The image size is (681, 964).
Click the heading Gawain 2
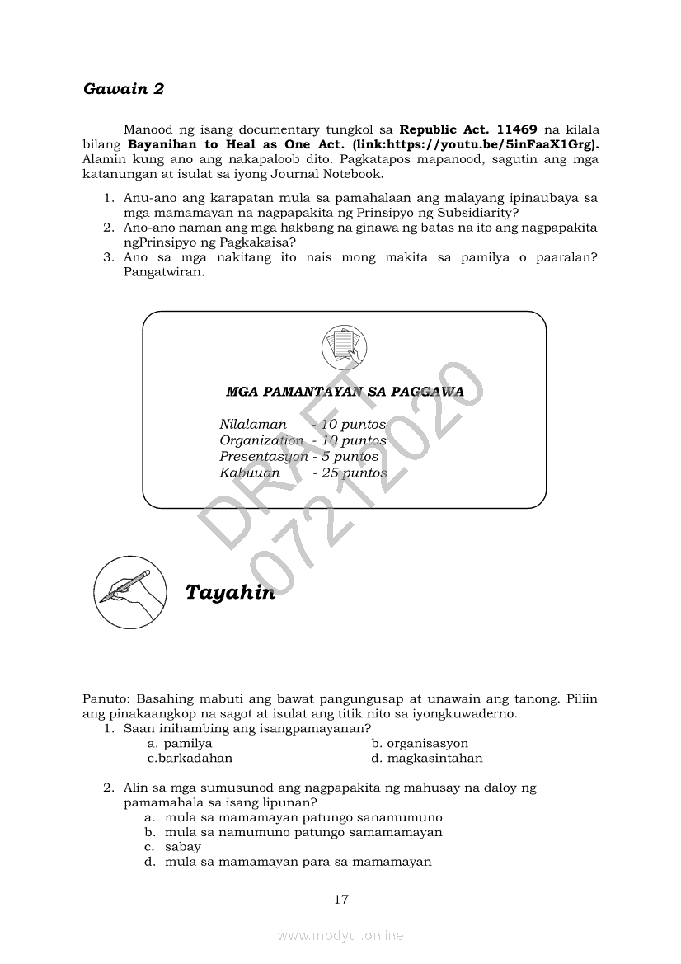coord(124,89)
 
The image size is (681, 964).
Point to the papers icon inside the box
coord(344,347)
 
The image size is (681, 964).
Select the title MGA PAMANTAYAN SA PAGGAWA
coord(344,392)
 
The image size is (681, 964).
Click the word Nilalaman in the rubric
coord(253,425)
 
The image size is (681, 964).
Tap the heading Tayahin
coord(230,593)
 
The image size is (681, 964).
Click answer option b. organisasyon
coord(420,743)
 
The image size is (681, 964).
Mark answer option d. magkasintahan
coord(427,758)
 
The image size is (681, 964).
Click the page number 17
coord(341,900)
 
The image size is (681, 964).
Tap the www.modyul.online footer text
coord(340,935)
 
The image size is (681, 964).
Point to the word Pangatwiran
coord(163,272)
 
